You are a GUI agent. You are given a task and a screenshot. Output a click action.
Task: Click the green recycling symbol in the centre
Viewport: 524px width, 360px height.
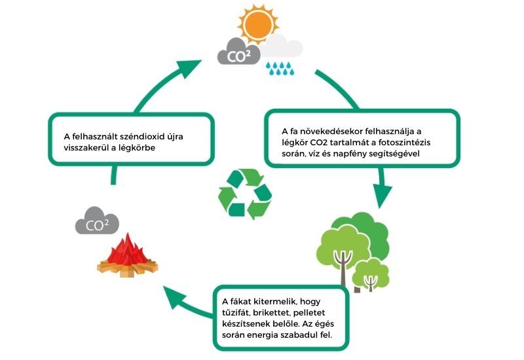(x=244, y=192)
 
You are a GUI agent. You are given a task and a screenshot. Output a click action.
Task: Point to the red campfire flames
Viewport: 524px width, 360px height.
(x=129, y=251)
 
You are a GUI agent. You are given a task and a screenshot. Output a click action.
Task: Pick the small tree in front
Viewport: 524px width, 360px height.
(x=370, y=273)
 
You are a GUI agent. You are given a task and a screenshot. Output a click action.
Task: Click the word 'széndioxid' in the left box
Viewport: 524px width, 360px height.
(x=141, y=136)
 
